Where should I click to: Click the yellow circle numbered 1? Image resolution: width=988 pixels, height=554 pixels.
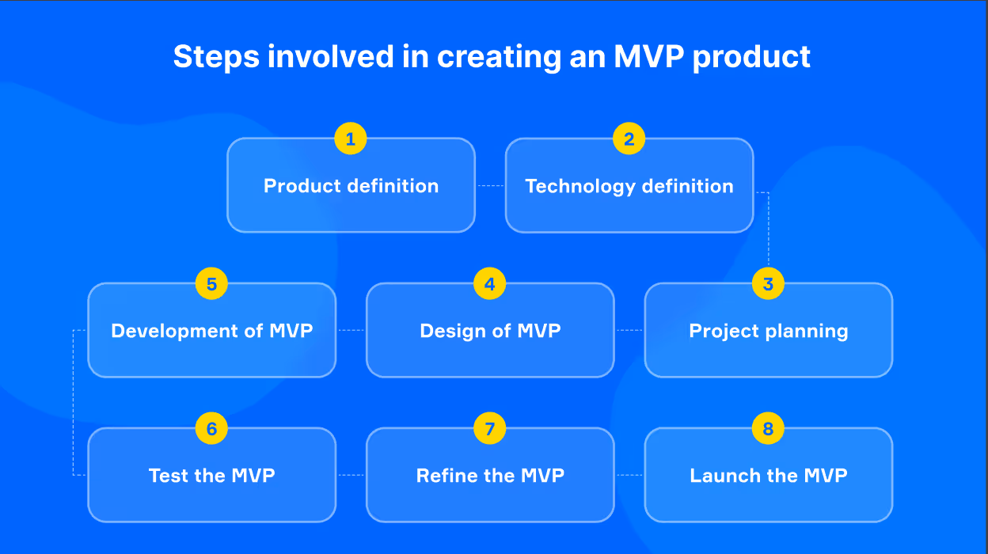click(351, 139)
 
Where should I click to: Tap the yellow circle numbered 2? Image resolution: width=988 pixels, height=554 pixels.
click(629, 139)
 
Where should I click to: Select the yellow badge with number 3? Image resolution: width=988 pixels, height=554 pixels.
click(768, 284)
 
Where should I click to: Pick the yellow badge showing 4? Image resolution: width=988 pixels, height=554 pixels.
click(490, 284)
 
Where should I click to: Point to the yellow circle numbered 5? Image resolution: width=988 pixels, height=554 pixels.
click(211, 284)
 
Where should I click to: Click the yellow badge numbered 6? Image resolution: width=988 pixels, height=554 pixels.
click(211, 429)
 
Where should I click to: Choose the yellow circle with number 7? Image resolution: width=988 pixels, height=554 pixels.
click(490, 429)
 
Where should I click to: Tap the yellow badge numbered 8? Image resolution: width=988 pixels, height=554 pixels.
click(768, 429)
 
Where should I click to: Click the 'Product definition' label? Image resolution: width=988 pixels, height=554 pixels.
click(351, 186)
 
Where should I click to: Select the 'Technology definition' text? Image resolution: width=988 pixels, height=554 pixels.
click(629, 186)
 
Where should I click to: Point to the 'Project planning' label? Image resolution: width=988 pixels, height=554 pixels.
click(769, 331)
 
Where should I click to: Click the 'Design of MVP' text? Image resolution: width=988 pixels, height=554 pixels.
click(490, 331)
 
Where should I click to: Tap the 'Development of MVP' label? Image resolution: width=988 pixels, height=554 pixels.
click(212, 331)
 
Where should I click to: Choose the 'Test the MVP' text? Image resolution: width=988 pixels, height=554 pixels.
click(212, 476)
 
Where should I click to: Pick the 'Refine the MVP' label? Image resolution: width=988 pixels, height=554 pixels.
click(490, 476)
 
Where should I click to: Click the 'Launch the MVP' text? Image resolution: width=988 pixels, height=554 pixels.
click(769, 476)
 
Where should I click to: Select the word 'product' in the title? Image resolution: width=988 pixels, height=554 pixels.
click(751, 57)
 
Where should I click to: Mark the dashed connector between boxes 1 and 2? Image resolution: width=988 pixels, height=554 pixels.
click(490, 186)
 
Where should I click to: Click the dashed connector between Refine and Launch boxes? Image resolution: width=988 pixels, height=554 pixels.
click(629, 476)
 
